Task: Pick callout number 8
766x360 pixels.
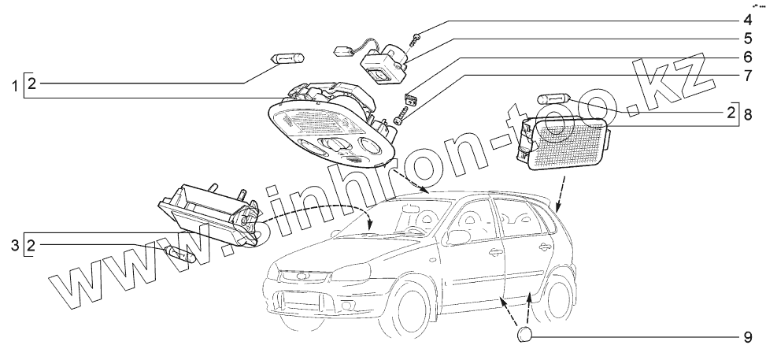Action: click(x=747, y=116)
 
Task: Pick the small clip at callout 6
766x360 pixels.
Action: click(x=409, y=98)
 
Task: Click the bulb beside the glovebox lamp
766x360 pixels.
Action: click(x=181, y=255)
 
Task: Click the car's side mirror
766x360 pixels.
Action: click(x=459, y=236)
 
